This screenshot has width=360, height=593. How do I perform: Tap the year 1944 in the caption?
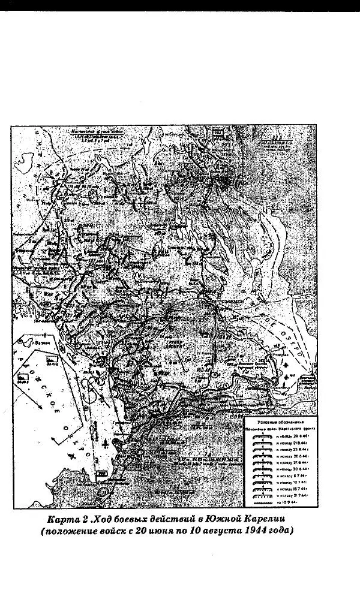pyautogui.click(x=254, y=531)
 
